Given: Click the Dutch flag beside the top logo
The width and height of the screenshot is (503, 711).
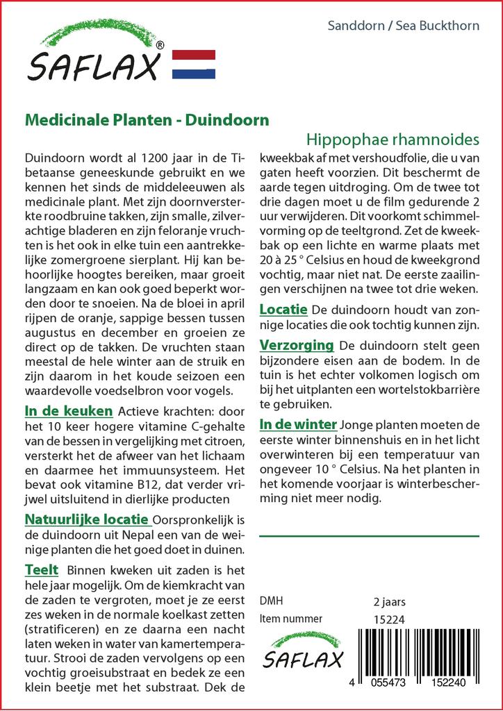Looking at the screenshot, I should [192, 64].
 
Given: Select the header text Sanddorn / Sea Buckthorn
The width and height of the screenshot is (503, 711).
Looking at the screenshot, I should [403, 26].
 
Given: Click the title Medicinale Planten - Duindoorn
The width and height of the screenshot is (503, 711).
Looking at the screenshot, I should [147, 119].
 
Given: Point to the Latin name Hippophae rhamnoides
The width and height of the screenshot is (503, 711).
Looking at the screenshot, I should [393, 138].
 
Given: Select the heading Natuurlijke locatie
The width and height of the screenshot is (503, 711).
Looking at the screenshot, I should [86, 519].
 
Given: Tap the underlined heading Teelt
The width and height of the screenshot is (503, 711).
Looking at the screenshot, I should [41, 570].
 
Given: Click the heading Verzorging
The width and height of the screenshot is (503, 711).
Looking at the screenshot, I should [297, 345].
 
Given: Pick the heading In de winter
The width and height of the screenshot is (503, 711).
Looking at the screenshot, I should [298, 424].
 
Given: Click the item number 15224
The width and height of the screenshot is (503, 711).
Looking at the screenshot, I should [388, 619].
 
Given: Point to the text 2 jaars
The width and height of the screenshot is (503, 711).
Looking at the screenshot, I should [389, 601].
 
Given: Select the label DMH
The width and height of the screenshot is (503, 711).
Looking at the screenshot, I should [270, 601].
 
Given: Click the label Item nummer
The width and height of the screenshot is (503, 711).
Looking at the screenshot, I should [290, 619].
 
